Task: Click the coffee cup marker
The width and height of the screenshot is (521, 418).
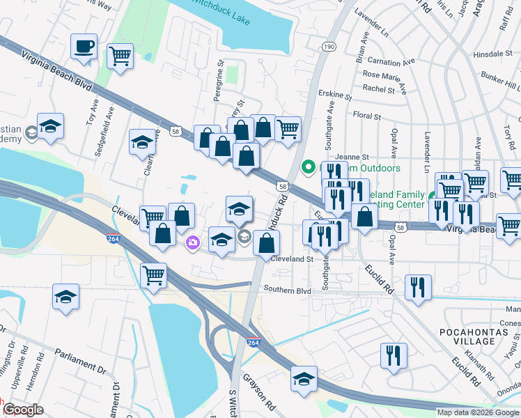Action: tap(84, 47)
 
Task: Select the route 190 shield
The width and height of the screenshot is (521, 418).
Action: tap(329, 45)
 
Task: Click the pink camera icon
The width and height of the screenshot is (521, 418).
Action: tap(192, 242)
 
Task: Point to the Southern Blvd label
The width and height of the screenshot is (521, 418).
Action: tap(287, 291)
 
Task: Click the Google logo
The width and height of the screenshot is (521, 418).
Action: tap(22, 410)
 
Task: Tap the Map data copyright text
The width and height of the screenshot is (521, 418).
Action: tap(478, 412)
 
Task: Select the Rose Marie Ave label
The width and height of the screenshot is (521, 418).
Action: tap(390, 75)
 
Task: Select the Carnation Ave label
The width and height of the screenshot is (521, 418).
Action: tap(398, 61)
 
